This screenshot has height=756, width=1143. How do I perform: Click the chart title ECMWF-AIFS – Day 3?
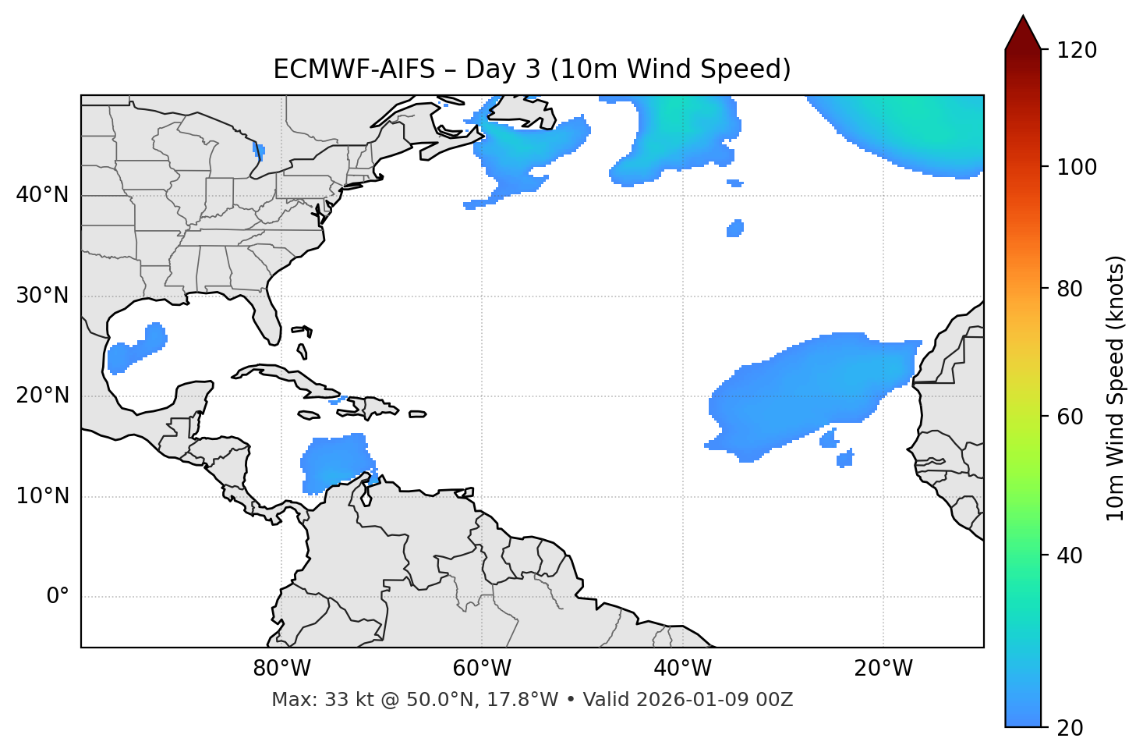[x=532, y=69]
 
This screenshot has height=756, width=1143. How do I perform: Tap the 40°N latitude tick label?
[x=42, y=195]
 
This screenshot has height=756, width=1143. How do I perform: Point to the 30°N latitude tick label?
[x=42, y=296]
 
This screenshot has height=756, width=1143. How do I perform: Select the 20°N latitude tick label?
[x=42, y=396]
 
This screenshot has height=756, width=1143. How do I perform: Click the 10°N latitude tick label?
[x=42, y=496]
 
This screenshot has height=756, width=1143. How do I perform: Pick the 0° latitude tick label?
[x=58, y=597]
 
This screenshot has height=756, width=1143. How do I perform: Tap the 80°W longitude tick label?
[x=281, y=669]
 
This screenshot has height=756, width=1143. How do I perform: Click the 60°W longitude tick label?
[x=482, y=669]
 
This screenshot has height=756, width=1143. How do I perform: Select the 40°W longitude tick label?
[x=682, y=669]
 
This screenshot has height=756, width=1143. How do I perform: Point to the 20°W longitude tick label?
[x=883, y=669]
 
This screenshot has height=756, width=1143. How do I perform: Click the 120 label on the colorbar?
[x=1077, y=51]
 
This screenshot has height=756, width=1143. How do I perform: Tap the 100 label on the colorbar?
[x=1077, y=167]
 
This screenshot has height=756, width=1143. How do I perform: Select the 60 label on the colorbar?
[x=1071, y=417]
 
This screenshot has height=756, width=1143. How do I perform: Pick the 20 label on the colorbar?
[x=1071, y=728]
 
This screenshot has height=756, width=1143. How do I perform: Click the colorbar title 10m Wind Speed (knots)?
[x=1116, y=388]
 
